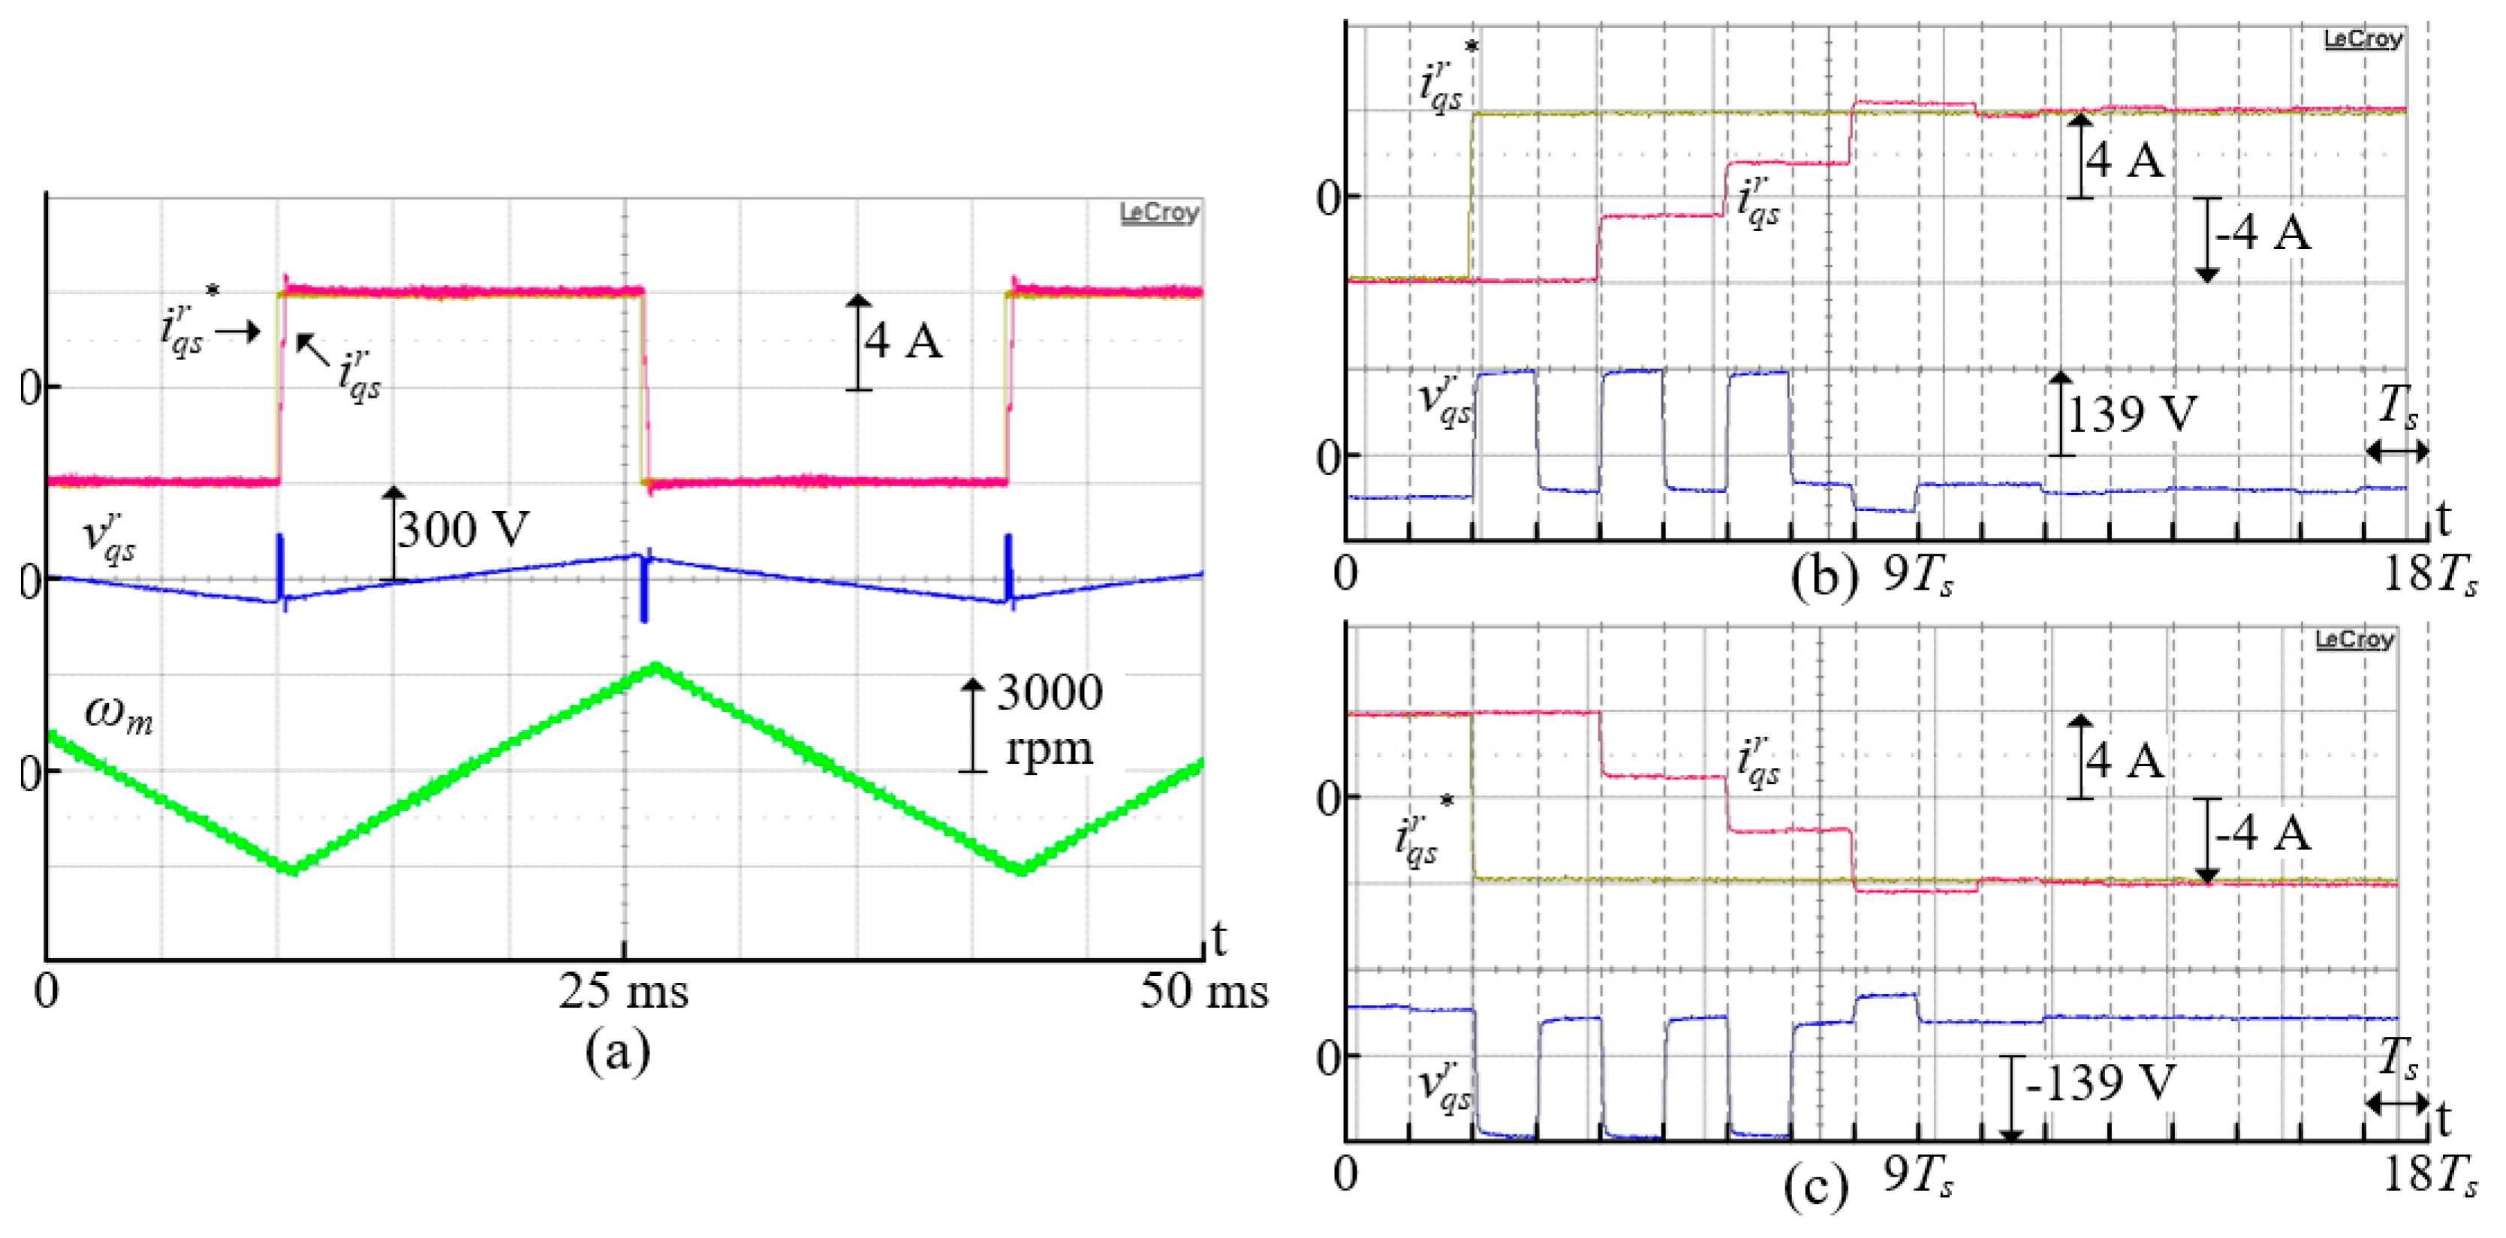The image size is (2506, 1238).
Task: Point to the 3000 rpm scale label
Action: [x=1049, y=720]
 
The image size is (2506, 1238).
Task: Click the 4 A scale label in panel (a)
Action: [x=904, y=341]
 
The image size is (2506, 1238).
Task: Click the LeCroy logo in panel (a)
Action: [x=1158, y=212]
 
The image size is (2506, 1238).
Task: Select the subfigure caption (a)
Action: [x=618, y=1052]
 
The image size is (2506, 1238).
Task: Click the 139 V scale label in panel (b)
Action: [x=2131, y=414]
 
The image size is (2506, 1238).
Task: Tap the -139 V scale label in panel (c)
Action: [x=2099, y=1083]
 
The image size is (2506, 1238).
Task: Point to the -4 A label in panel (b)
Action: [x=2263, y=233]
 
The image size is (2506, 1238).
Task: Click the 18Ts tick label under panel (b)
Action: [x=2428, y=575]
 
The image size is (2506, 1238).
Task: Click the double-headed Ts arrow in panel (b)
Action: [x=2396, y=451]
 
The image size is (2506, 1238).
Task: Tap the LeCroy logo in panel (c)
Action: [x=2354, y=639]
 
